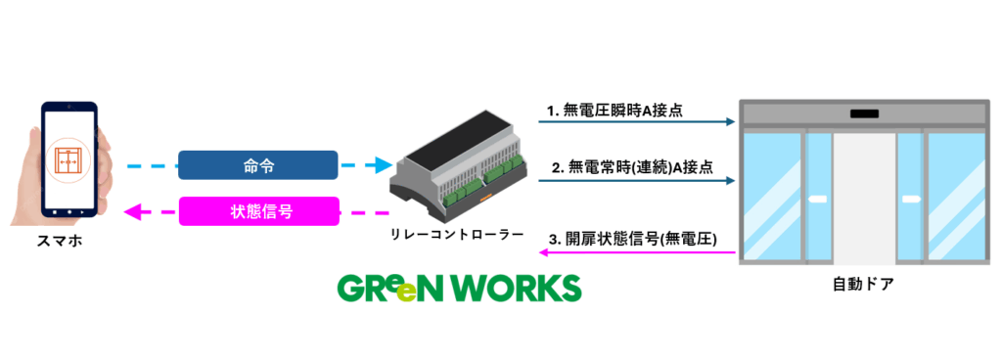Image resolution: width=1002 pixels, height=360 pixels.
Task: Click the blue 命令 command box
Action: (257, 165)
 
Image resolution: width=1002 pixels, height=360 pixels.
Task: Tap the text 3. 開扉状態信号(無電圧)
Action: (634, 239)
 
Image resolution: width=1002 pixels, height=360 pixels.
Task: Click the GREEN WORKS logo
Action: (459, 288)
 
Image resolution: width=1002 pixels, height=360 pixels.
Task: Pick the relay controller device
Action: (457, 171)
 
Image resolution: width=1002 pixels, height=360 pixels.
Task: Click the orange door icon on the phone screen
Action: (70, 158)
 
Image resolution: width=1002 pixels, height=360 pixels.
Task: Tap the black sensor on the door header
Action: (863, 113)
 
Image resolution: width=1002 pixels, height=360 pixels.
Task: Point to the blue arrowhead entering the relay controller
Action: (384, 165)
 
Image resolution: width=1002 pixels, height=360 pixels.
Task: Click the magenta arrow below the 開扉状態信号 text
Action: (636, 252)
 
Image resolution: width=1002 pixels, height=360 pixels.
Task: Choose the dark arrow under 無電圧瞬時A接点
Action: (636, 123)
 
